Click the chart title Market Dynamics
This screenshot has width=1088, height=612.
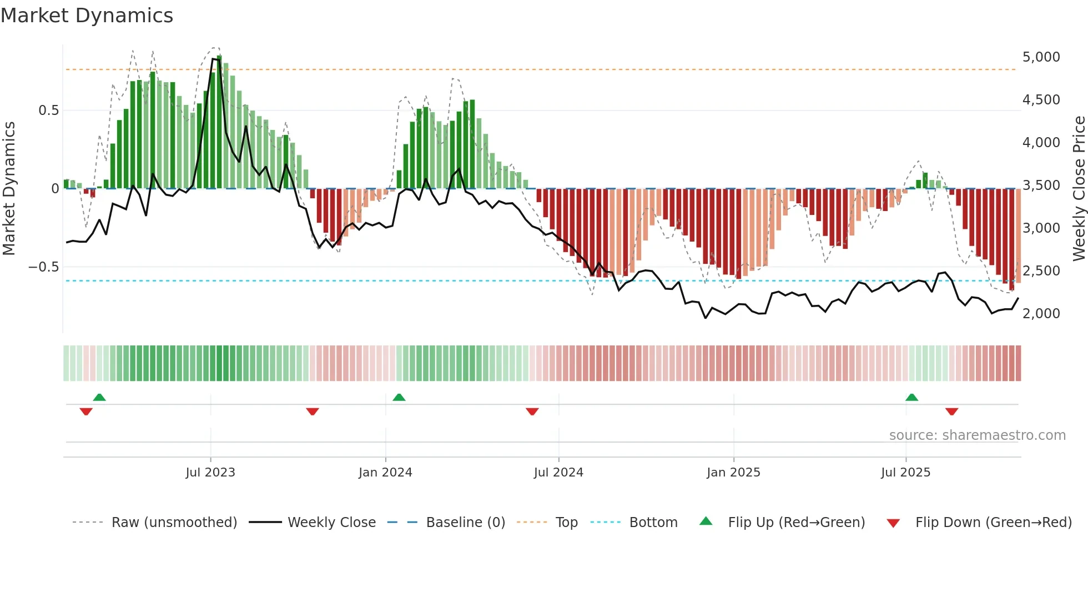pyautogui.click(x=87, y=16)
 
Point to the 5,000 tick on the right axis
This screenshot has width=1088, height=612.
pyautogui.click(x=1041, y=57)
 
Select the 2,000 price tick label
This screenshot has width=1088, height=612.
pyautogui.click(x=1041, y=314)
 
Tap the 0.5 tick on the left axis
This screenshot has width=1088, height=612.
pyautogui.click(x=48, y=111)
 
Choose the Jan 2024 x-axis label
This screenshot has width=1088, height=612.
pyautogui.click(x=385, y=473)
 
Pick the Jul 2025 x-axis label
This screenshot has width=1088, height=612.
pyautogui.click(x=905, y=473)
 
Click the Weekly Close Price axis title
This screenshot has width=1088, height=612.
pyautogui.click(x=1079, y=188)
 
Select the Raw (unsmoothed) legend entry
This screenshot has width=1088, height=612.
pyautogui.click(x=174, y=523)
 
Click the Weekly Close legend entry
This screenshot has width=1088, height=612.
pyautogui.click(x=331, y=523)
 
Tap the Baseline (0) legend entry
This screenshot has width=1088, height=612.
pyautogui.click(x=465, y=523)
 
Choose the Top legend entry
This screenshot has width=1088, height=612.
pyautogui.click(x=566, y=523)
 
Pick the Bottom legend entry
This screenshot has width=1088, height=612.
pyautogui.click(x=653, y=523)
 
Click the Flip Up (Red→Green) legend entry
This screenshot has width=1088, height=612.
pyautogui.click(x=796, y=523)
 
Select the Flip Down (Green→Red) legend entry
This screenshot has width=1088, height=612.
pyautogui.click(x=993, y=523)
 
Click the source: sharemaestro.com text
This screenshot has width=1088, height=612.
pyautogui.click(x=977, y=435)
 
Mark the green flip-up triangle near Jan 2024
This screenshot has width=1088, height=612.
pyautogui.click(x=399, y=397)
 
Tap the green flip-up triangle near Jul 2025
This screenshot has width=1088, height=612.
pyautogui.click(x=911, y=397)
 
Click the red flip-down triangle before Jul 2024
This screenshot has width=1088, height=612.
pyautogui.click(x=532, y=412)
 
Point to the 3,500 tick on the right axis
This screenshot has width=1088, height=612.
pyautogui.click(x=1041, y=185)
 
